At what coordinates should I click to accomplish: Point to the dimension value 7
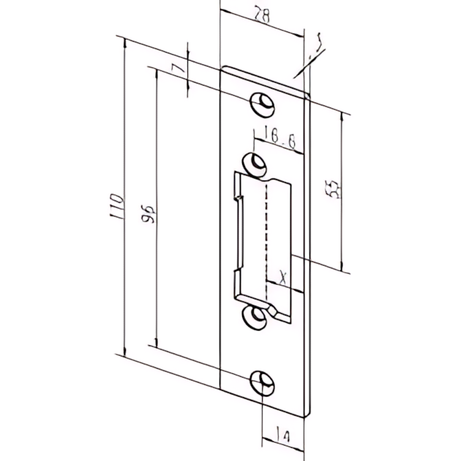point(173,71)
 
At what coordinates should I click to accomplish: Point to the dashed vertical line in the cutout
point(269,234)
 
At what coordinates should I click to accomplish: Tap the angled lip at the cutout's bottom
point(273,310)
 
